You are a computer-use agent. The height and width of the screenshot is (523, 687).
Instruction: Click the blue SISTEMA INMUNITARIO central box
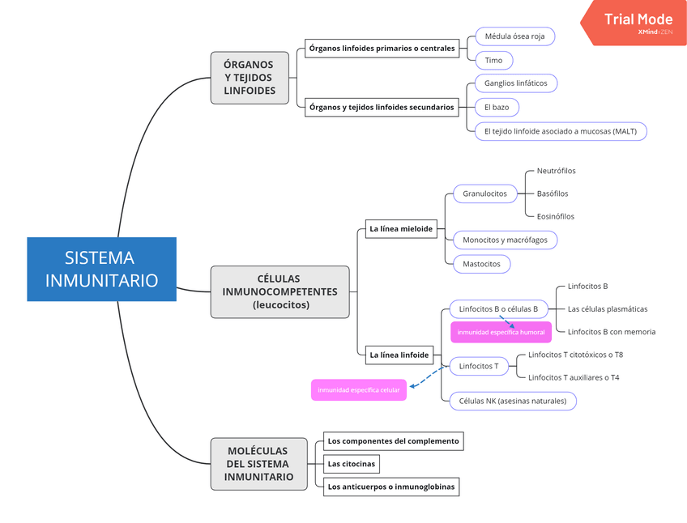coord(101,269)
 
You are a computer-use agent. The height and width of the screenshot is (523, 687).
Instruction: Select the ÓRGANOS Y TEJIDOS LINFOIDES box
coord(250,78)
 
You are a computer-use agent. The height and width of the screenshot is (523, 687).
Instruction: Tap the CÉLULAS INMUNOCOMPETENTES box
coord(279,291)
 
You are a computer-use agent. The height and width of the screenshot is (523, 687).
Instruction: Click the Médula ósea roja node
coord(514,37)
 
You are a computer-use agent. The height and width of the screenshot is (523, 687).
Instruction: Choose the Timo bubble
coord(493,60)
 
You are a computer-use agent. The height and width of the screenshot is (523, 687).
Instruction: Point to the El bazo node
coord(497,107)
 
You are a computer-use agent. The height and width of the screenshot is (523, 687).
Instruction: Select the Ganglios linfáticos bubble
coord(515,83)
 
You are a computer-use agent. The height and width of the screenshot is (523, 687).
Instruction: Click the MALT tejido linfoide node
coord(560,131)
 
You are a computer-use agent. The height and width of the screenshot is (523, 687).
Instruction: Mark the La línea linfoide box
coord(399,355)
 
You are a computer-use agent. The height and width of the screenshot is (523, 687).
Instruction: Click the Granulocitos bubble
coord(484,193)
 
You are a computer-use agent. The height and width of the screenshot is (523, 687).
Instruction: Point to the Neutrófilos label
coord(557,171)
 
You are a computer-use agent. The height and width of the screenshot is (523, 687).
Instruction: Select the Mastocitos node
coord(481,264)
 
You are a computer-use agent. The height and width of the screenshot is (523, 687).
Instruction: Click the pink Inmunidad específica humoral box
coord(501,332)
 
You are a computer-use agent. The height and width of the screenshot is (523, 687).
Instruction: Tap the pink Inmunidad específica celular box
coord(358,390)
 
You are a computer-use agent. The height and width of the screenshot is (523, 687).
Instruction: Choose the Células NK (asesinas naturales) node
coord(513,401)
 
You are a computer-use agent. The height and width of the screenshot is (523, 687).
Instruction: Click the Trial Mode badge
coord(634,22)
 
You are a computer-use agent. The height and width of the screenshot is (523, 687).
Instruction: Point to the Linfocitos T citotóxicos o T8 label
coord(575,355)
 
